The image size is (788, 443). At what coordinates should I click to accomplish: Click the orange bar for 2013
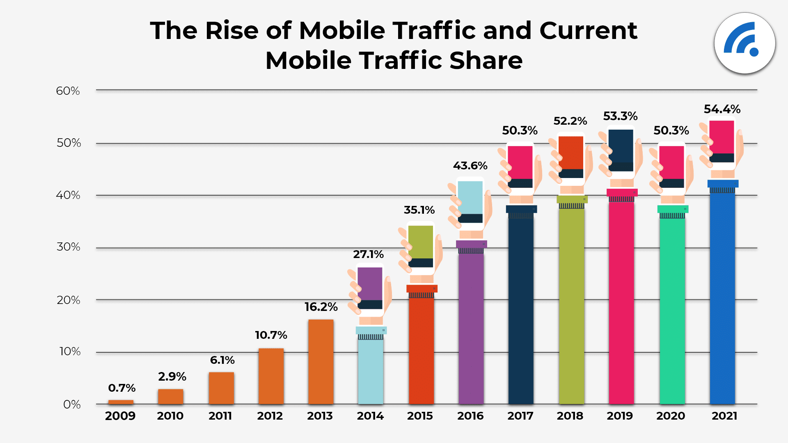click(321, 362)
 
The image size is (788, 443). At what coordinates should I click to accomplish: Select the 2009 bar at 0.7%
click(121, 402)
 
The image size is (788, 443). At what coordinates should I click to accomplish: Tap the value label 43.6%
click(470, 166)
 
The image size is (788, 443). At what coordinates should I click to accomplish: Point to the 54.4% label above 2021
click(722, 109)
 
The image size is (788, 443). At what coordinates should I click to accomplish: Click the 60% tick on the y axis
click(68, 91)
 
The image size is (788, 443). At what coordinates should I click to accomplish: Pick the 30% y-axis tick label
click(68, 247)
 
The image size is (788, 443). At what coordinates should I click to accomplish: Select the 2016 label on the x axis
click(470, 416)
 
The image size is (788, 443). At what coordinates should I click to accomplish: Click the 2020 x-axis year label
click(671, 416)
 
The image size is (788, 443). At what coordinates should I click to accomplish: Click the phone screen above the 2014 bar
click(370, 284)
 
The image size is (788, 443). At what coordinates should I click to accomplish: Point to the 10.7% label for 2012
click(271, 335)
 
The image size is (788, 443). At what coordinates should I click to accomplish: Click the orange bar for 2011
click(221, 388)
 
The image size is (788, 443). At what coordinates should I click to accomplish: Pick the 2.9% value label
click(172, 377)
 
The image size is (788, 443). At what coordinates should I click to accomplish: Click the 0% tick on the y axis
click(72, 404)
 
